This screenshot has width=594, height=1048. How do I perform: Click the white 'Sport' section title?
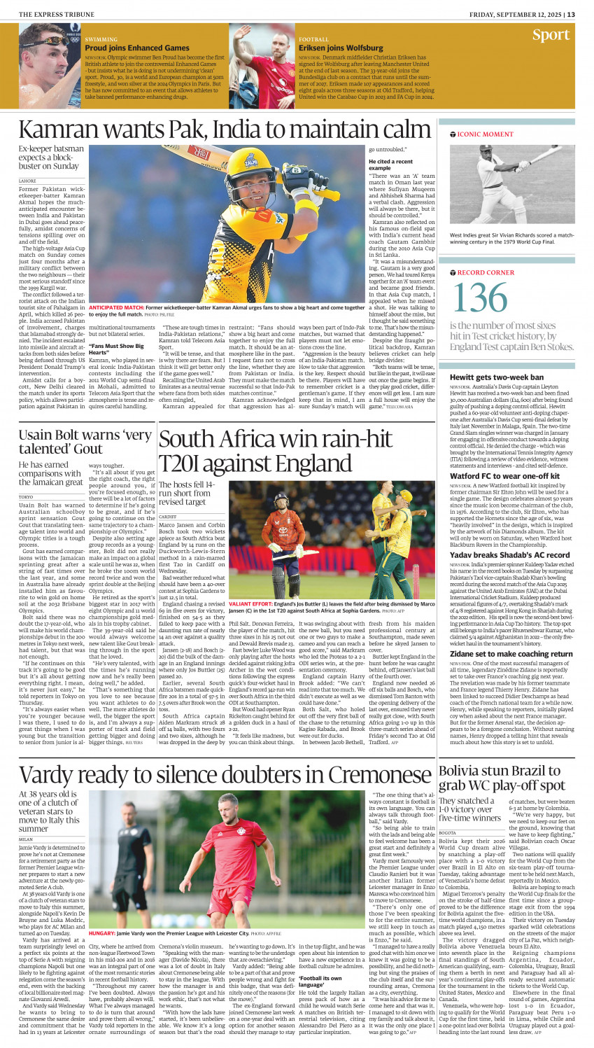551,35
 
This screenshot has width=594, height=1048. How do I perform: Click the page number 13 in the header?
571,14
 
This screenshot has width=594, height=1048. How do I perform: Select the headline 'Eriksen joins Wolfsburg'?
341,48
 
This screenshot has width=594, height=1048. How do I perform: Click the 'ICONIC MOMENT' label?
485,134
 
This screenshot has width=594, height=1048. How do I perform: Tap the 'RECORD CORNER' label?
486,272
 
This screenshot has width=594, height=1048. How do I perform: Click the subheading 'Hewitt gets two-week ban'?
496,377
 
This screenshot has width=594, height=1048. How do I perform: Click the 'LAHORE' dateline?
27,181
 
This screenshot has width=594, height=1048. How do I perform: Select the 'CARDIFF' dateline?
169,517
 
